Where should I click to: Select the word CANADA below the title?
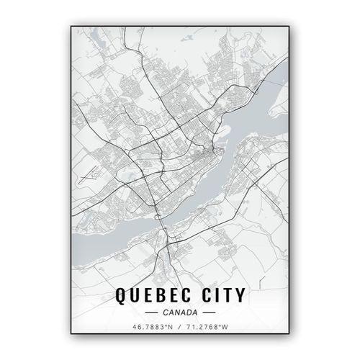point(179,313)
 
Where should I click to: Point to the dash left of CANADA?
point(150,313)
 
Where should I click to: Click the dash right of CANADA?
point(208,313)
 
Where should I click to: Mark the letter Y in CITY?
point(240,295)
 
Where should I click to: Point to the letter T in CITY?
point(225,295)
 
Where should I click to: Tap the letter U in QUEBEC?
point(133,295)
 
